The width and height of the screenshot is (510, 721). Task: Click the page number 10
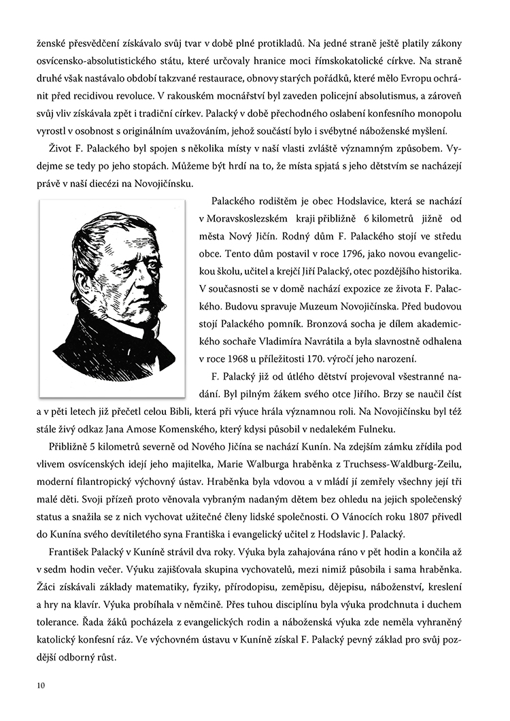click(x=41, y=685)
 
